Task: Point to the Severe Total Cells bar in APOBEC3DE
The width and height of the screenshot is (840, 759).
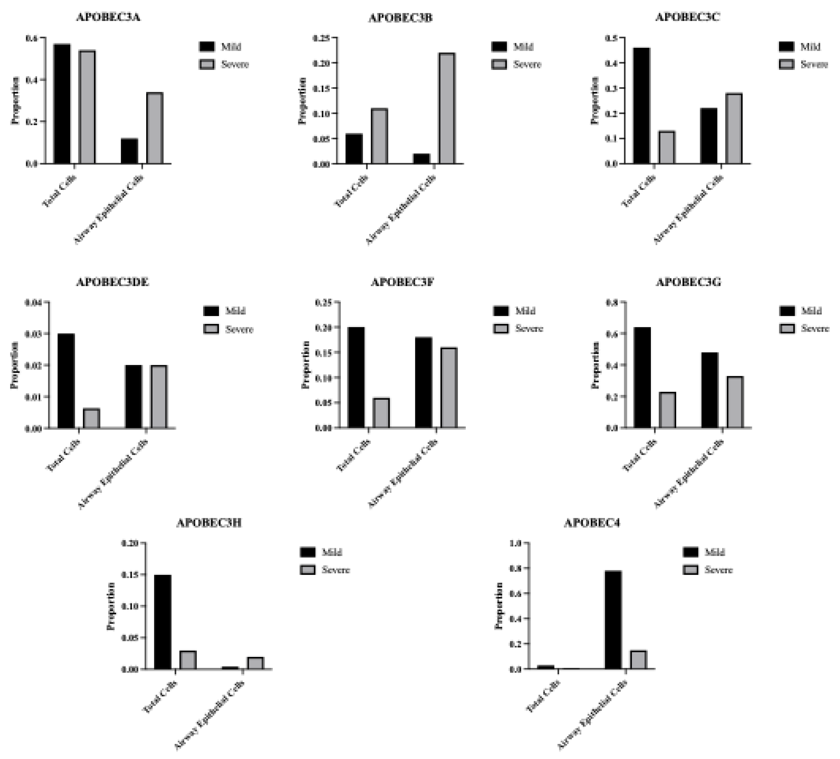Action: tap(92, 418)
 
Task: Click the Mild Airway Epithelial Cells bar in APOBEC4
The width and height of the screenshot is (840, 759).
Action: tap(613, 620)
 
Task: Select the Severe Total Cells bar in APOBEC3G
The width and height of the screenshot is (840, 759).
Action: tap(667, 410)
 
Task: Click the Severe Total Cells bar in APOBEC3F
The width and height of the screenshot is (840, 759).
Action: tap(381, 413)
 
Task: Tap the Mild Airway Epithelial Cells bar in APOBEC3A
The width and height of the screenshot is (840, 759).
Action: tap(129, 151)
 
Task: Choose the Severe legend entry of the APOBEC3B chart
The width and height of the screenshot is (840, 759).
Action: tap(517, 64)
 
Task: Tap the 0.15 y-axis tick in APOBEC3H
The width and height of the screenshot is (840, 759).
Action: tap(130, 575)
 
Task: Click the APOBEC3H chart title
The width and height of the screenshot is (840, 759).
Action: tap(209, 523)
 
